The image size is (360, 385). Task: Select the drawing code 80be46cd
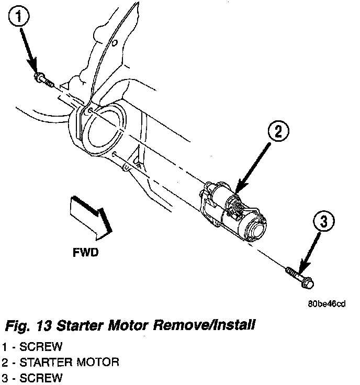click(x=327, y=303)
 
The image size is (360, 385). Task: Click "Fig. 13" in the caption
click(x=27, y=326)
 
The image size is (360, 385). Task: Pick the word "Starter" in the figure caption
click(x=79, y=326)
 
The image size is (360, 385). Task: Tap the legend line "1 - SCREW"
click(x=32, y=346)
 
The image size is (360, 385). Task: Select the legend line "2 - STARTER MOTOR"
click(x=60, y=361)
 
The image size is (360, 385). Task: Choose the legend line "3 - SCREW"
click(x=32, y=377)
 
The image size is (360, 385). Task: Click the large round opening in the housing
click(x=105, y=125)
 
